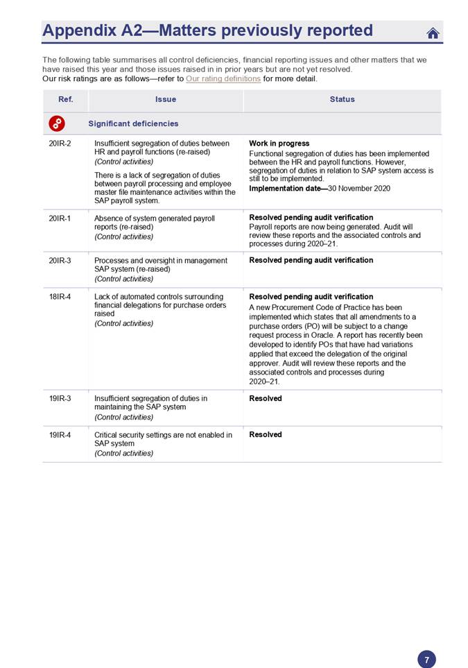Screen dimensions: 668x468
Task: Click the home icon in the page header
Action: coord(433,33)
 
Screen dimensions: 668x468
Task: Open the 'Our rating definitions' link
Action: coord(223,79)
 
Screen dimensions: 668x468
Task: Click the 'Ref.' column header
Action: coord(65,99)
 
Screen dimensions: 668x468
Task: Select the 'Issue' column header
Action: coord(166,99)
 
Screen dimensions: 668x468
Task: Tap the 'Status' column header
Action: coord(342,99)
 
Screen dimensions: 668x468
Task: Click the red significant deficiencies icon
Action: coord(58,123)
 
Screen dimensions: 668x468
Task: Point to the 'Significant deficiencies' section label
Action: coord(133,123)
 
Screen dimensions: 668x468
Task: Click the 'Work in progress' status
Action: coord(279,144)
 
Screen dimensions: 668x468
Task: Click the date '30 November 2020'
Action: coord(359,188)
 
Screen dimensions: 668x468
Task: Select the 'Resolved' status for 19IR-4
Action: coord(266,435)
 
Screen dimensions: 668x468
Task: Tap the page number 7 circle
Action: coord(426,660)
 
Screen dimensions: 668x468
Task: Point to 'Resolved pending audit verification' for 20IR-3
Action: coord(311,261)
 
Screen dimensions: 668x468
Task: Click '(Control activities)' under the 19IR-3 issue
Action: coord(123,417)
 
